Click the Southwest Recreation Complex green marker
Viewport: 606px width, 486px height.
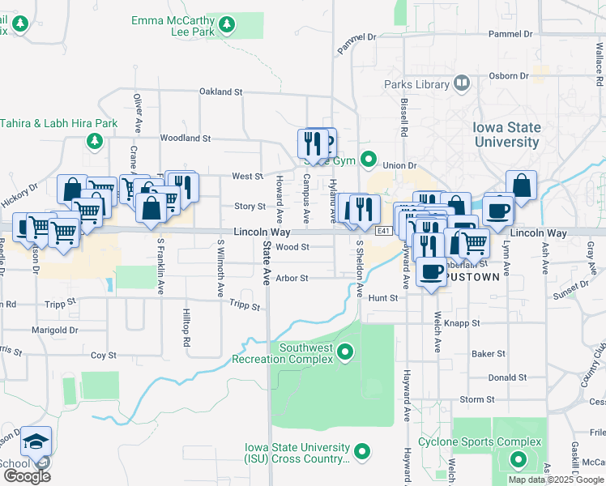click(346, 352)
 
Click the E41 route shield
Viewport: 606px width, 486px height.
click(384, 232)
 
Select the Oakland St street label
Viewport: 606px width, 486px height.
click(220, 92)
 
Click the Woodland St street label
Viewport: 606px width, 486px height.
click(185, 139)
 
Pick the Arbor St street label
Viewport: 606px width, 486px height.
click(292, 278)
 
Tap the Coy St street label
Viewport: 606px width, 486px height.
click(103, 356)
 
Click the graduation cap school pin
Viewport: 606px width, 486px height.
click(36, 441)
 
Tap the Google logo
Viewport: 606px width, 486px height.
click(27, 476)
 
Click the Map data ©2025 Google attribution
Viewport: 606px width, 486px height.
click(555, 480)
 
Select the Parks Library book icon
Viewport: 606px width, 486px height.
click(462, 83)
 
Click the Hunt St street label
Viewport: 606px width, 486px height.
click(383, 298)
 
